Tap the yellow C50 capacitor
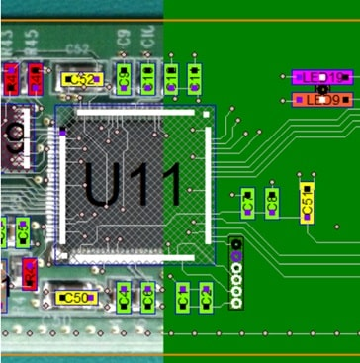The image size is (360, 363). pos(75,297)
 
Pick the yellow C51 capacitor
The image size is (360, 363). pos(308,202)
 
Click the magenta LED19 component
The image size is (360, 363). pos(322,76)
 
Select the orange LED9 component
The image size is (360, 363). pos(322,100)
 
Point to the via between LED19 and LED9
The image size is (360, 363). pos(318,88)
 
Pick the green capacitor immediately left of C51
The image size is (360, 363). pos(271,203)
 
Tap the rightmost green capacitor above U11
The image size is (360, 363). pos(195,76)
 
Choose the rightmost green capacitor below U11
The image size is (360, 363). pos(205,295)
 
